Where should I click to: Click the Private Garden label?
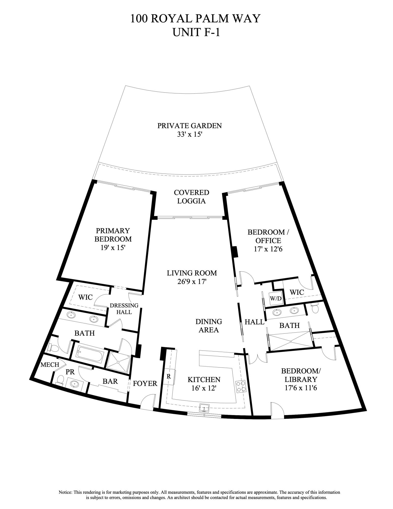tap(190, 126)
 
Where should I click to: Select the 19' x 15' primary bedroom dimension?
tap(113, 248)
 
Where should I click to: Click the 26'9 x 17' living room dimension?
tap(192, 282)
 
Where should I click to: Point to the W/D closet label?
tap(276, 299)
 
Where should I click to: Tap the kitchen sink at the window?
tap(204, 408)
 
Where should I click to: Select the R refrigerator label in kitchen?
tap(168, 376)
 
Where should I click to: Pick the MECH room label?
tap(50, 365)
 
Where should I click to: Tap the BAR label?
tap(110, 381)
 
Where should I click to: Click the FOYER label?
tap(145, 383)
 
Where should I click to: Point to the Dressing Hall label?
tap(124, 308)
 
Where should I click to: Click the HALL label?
tap(254, 322)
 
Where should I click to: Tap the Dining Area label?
tap(209, 326)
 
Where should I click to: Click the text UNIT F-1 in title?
tap(196, 32)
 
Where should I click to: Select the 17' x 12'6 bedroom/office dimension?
tap(268, 249)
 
